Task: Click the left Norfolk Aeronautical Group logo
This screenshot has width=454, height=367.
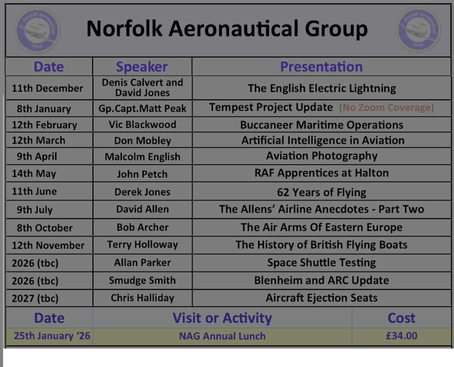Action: pyautogui.click(x=37, y=31)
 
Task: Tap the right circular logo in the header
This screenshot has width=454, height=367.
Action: pyautogui.click(x=419, y=30)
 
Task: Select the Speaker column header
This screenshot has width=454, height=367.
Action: pyautogui.click(x=142, y=67)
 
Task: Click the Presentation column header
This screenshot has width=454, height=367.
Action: pyautogui.click(x=322, y=67)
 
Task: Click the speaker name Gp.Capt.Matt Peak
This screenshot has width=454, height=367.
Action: pyautogui.click(x=142, y=108)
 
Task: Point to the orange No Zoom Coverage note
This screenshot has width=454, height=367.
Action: pyautogui.click(x=387, y=107)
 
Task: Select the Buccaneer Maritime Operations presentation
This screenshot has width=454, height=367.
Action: pyautogui.click(x=322, y=125)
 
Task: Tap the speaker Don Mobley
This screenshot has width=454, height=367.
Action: pyautogui.click(x=142, y=141)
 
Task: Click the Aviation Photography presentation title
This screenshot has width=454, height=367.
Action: pyautogui.click(x=322, y=156)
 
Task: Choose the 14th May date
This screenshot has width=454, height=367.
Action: pyautogui.click(x=34, y=173)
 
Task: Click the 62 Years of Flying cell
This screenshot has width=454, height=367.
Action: pyautogui.click(x=322, y=192)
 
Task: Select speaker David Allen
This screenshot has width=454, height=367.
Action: pyautogui.click(x=142, y=209)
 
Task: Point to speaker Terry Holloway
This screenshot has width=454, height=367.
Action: pyautogui.click(x=142, y=245)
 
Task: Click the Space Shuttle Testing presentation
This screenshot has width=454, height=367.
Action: pyautogui.click(x=322, y=263)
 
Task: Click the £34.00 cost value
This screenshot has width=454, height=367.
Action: pyautogui.click(x=402, y=336)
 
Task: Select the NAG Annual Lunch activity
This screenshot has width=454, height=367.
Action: pyautogui.click(x=222, y=336)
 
